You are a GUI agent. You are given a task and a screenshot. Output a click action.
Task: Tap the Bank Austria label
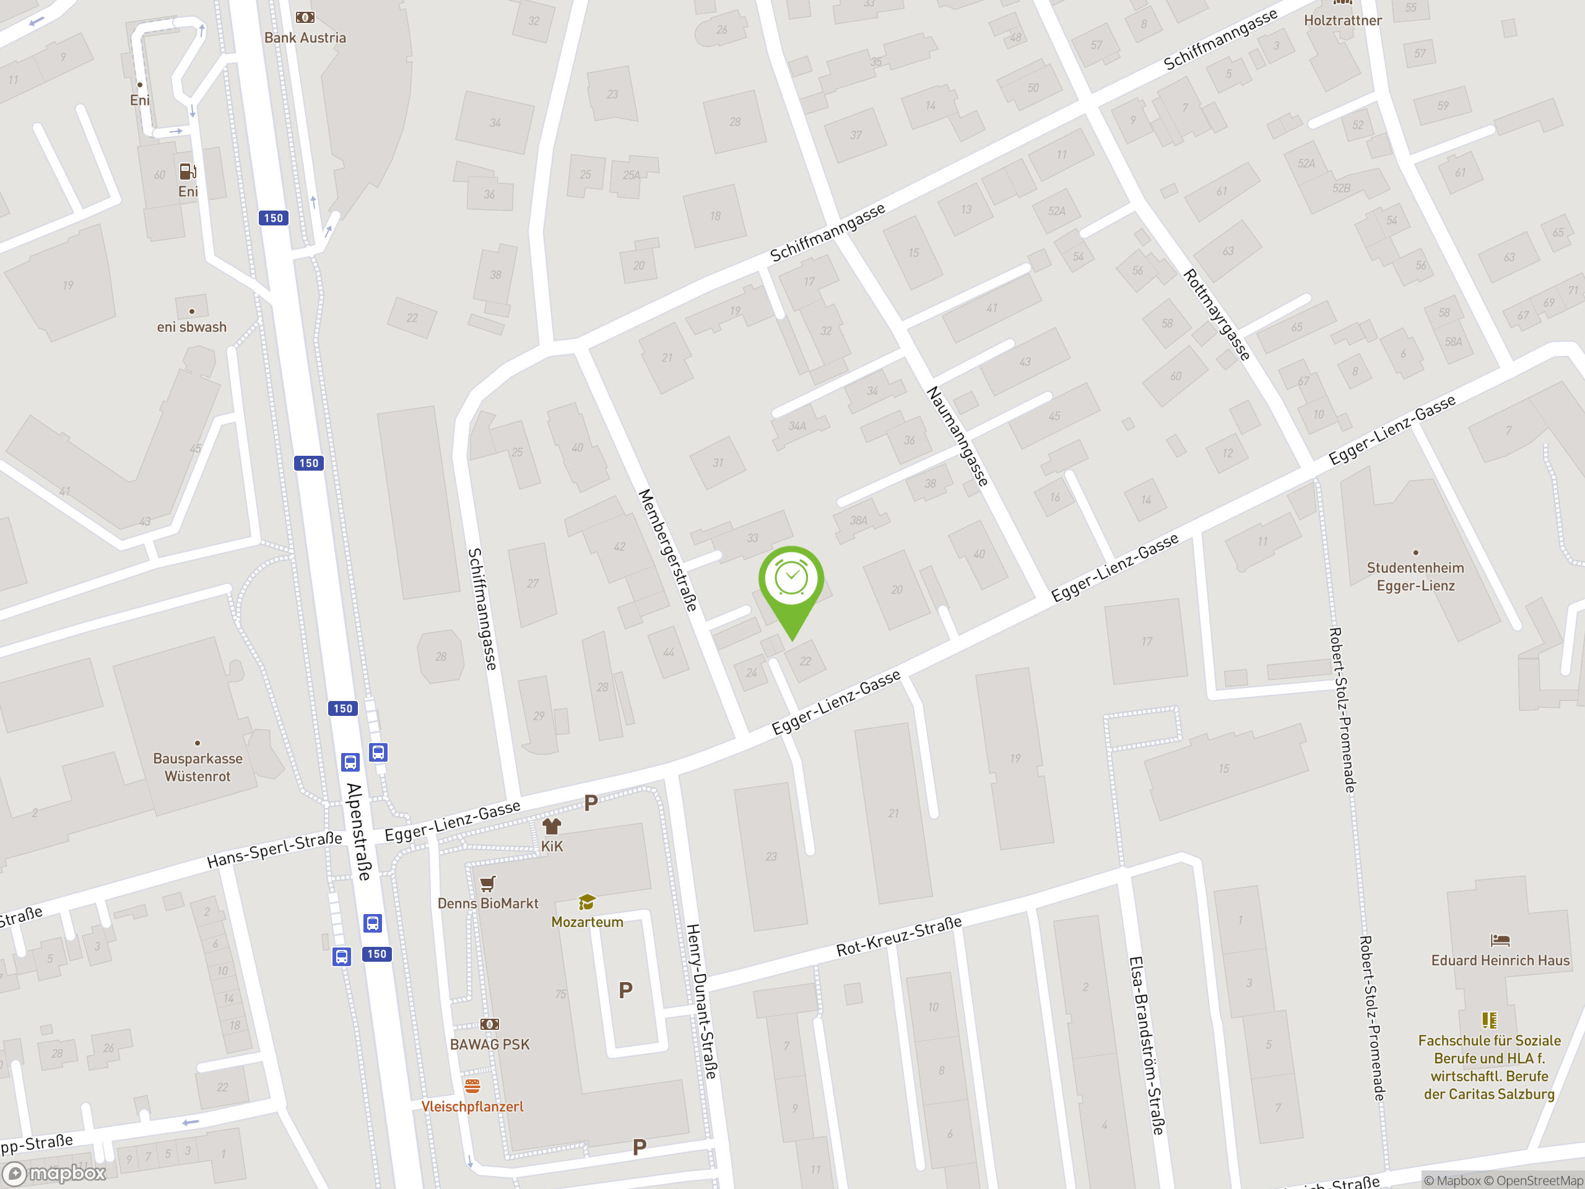click(x=305, y=38)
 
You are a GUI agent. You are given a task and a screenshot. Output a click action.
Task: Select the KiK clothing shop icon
click(x=551, y=826)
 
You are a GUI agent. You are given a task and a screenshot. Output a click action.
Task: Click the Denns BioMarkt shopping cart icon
click(x=488, y=884)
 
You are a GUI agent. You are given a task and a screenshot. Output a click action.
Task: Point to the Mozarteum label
click(x=587, y=921)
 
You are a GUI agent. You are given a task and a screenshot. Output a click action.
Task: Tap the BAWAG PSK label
click(x=489, y=1044)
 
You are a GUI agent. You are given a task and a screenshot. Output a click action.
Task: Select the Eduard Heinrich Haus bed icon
click(x=1500, y=940)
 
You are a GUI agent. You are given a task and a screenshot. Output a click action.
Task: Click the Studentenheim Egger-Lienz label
click(x=1415, y=576)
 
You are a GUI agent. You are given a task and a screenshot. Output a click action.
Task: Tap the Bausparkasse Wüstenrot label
click(x=198, y=767)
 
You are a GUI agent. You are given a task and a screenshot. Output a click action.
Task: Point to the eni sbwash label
click(x=191, y=327)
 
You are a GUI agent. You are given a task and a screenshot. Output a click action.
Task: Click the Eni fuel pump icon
click(x=187, y=172)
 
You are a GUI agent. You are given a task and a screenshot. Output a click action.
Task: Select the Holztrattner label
click(x=1342, y=20)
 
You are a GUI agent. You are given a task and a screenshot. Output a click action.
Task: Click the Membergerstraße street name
click(x=667, y=550)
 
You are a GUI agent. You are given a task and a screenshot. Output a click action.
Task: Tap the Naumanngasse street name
click(x=957, y=436)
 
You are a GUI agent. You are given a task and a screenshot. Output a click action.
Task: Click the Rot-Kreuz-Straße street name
click(x=898, y=936)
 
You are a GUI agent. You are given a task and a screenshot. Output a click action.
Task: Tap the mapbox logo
click(x=55, y=1172)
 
